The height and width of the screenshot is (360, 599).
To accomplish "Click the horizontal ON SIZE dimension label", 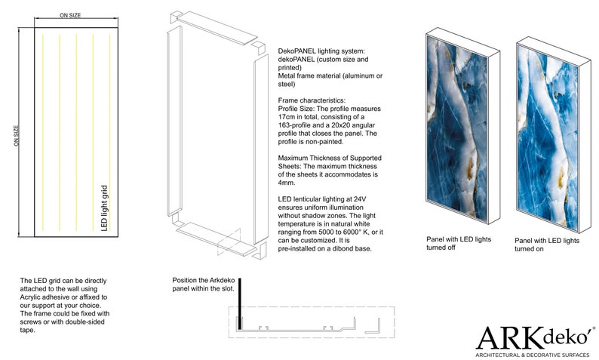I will point(70,15).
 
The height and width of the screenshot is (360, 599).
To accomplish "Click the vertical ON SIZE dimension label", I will point(17,137).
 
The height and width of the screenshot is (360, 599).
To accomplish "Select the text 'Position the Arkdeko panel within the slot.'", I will point(204,284).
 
